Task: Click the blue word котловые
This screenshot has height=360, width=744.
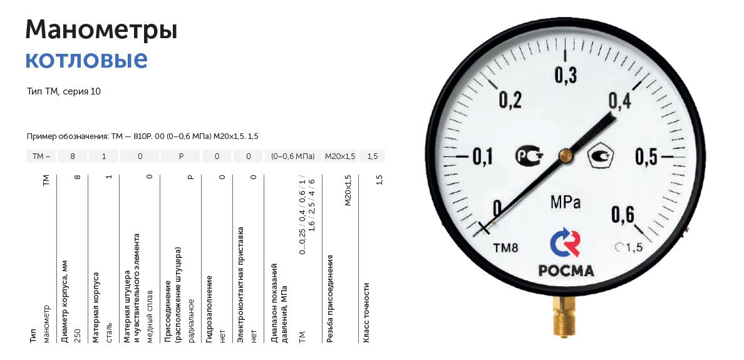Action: click(x=86, y=59)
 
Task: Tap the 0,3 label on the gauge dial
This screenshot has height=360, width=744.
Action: click(x=566, y=76)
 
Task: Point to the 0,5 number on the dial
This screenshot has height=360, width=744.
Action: click(x=647, y=157)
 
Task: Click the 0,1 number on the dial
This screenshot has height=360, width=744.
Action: click(x=483, y=157)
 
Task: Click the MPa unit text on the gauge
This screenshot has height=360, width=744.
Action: click(x=566, y=203)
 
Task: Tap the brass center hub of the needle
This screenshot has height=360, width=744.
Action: click(x=565, y=155)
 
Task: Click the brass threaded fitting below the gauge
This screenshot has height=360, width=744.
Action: click(x=564, y=316)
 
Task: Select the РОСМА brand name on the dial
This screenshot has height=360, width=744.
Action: click(x=566, y=270)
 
